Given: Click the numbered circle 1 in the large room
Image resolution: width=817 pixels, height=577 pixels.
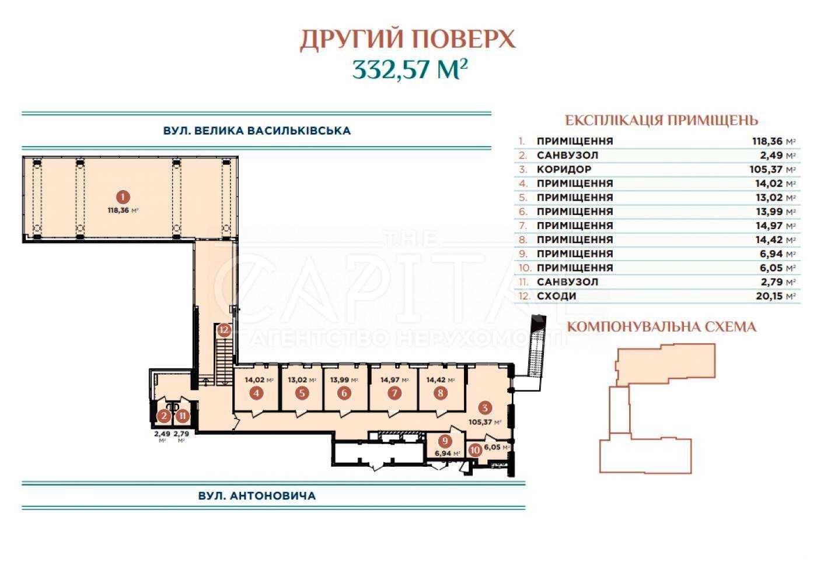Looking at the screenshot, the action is (123, 198).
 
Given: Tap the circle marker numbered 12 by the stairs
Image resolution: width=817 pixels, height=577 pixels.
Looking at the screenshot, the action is (224, 330).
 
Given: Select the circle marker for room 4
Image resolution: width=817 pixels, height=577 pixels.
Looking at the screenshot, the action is (257, 393).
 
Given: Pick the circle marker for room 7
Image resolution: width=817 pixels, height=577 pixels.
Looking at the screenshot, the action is (394, 393).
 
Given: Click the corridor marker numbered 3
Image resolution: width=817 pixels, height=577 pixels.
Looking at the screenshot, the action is (485, 407).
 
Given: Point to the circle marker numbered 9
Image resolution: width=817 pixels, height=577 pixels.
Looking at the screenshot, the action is (445, 441).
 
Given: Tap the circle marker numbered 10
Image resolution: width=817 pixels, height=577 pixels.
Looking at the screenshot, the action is (475, 451).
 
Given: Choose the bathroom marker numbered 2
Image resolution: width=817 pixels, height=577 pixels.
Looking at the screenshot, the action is (164, 416).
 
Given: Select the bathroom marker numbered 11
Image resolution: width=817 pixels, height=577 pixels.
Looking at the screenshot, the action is (183, 416).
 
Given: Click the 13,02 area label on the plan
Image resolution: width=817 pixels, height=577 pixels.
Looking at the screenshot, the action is (302, 380).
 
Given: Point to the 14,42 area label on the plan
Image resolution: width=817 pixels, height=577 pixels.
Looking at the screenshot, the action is (441, 380).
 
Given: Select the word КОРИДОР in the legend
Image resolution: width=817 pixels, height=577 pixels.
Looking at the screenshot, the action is (564, 170).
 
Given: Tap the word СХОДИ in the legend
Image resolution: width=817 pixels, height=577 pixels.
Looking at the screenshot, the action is (557, 296).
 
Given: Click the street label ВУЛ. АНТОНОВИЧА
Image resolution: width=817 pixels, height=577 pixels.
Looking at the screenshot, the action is (257, 496).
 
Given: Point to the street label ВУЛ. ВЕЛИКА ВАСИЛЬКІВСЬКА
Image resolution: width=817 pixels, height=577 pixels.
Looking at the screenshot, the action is (257, 131).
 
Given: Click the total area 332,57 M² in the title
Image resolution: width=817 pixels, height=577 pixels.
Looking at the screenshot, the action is (410, 69).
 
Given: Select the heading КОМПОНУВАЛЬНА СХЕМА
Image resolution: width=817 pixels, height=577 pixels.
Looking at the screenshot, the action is (662, 327).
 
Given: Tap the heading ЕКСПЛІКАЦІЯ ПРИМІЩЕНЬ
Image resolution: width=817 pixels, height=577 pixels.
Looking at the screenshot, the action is (662, 120).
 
